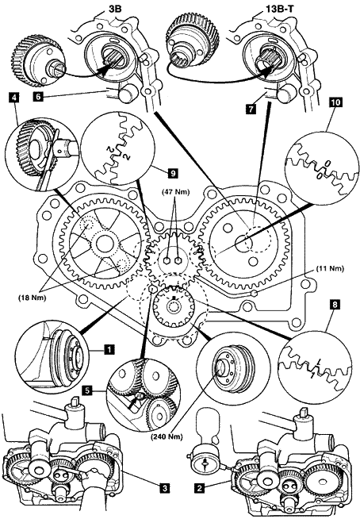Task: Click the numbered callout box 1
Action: (109, 349)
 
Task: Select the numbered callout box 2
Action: (199, 487)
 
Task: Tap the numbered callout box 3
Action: (163, 487)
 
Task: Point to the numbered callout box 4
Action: (13, 98)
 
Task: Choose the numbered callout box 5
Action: (86, 390)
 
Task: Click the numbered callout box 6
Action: (38, 97)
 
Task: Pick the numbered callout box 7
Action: (251, 109)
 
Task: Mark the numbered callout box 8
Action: (335, 305)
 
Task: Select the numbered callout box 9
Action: (173, 172)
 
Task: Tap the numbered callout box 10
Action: (335, 102)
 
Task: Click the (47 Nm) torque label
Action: (176, 192)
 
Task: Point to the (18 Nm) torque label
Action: (32, 298)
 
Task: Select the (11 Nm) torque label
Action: (329, 268)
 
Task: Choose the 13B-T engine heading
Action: (278, 9)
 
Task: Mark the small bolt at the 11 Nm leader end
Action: (254, 293)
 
